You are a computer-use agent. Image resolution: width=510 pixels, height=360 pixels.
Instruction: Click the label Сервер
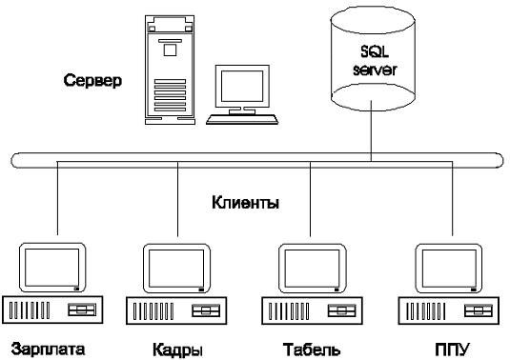(92, 80)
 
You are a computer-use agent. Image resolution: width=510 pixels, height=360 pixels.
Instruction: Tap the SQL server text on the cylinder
(375, 61)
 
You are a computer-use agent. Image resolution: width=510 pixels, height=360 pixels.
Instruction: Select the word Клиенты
(246, 203)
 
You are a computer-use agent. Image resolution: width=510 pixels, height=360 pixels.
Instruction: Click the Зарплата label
(48, 350)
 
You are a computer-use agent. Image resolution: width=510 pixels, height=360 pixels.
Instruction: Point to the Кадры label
(177, 350)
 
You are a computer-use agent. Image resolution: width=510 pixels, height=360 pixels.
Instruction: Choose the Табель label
(312, 350)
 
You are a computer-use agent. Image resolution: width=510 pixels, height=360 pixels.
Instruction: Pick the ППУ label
(452, 350)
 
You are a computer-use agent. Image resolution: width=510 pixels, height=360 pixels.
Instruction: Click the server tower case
(170, 70)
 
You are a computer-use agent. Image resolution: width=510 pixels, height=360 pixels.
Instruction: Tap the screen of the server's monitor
(242, 86)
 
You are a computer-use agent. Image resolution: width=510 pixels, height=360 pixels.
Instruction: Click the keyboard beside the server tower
(242, 119)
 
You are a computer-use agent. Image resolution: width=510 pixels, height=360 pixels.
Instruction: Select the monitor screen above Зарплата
(52, 268)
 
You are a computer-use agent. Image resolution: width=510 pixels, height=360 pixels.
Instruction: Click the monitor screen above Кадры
(176, 269)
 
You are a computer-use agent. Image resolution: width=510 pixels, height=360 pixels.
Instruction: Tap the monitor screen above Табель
(312, 269)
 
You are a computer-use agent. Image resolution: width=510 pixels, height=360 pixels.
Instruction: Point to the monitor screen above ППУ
(449, 269)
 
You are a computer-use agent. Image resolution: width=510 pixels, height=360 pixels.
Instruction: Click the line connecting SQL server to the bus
(371, 130)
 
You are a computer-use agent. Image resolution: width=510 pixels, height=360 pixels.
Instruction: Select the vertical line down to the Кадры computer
(177, 199)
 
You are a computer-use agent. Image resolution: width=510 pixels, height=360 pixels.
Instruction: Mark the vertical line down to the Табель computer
(311, 199)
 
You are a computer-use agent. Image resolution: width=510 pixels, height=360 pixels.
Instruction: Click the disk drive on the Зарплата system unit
(82, 310)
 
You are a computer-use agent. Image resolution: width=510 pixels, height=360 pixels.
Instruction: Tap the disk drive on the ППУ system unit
(479, 310)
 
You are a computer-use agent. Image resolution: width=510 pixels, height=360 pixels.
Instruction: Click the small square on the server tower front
(170, 50)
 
